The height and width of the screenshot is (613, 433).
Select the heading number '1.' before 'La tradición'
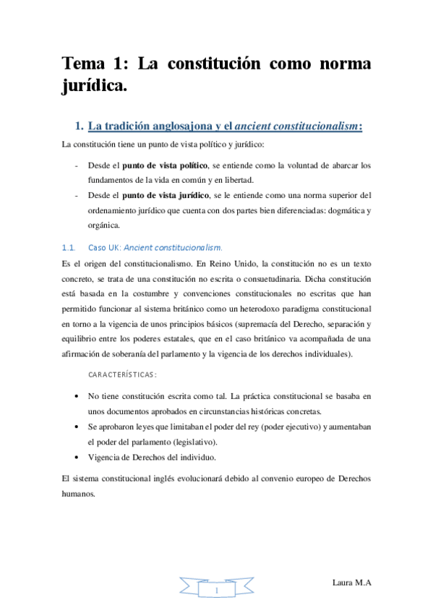pyautogui.click(x=80, y=127)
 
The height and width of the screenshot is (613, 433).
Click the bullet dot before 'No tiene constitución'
pyautogui.click(x=78, y=397)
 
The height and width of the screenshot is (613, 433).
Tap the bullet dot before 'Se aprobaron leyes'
pyautogui.click(x=78, y=427)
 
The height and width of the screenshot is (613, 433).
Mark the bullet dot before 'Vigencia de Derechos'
pyautogui.click(x=78, y=457)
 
